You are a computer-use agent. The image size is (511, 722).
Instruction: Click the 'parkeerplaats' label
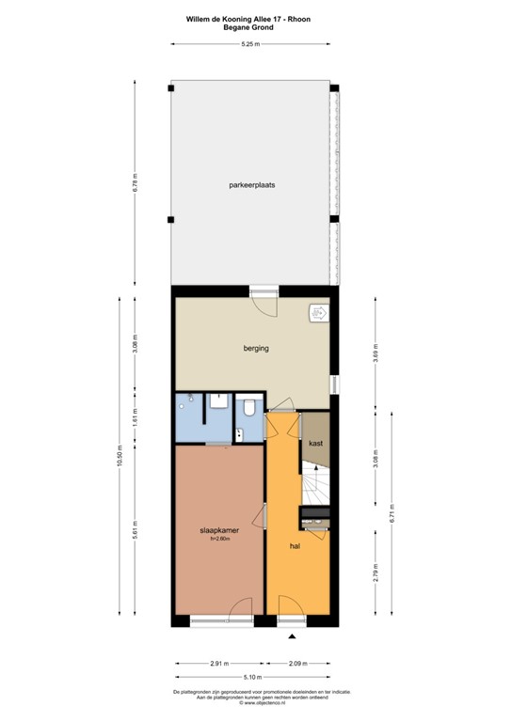pos(250,185)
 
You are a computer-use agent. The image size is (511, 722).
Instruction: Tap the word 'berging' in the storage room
pos(256,348)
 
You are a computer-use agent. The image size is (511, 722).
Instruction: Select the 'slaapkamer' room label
pos(219,530)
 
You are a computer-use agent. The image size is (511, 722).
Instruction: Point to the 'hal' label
pos(295,543)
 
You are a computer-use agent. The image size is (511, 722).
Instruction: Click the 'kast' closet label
pos(316,442)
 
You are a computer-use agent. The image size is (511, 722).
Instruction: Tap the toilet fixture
pos(249,408)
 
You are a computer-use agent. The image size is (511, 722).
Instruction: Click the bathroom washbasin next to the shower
pos(218,402)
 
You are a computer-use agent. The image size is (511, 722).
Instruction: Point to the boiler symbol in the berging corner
pos(317,313)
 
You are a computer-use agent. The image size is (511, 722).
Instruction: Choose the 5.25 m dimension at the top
pos(250,44)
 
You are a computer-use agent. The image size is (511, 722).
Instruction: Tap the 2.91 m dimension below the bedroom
pos(218,663)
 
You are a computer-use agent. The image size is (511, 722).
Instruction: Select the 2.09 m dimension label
pos(297,663)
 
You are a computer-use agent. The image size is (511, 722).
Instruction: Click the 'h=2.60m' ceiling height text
pos(219,539)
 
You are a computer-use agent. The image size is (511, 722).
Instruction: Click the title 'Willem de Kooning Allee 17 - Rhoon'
pos(250,18)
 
